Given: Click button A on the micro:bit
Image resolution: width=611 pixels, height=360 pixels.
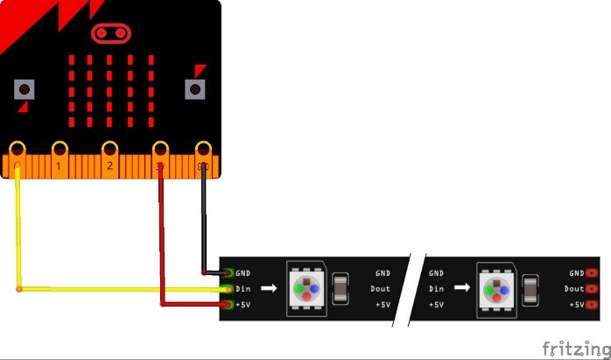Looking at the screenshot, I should [24, 88].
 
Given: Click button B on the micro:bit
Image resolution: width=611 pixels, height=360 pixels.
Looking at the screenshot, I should [193, 88].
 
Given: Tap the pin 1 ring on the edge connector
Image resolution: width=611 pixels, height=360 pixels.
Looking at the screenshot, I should [60, 149].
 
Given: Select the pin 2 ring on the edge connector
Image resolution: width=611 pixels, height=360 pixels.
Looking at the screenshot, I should [109, 149].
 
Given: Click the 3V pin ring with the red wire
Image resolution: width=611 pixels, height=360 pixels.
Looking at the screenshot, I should [161, 149].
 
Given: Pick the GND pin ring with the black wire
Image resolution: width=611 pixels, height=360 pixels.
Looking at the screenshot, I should [204, 149].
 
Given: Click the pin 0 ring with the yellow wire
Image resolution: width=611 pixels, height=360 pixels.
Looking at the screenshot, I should [18, 149].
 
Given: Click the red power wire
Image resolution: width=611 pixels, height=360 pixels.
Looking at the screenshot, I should [162, 245].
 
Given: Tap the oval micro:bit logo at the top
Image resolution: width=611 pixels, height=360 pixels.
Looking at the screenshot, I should [110, 34].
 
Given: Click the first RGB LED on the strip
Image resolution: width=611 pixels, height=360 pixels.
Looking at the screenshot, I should [305, 288].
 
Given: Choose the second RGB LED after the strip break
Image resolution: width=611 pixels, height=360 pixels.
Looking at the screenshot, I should [496, 288].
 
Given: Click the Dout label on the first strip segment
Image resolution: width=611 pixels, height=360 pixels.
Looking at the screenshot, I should [382, 288].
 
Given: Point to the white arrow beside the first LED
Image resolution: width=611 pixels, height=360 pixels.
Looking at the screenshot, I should [269, 288].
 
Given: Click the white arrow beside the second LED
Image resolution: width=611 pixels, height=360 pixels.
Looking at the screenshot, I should [460, 288].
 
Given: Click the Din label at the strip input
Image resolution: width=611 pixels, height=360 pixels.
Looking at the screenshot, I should [244, 288].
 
